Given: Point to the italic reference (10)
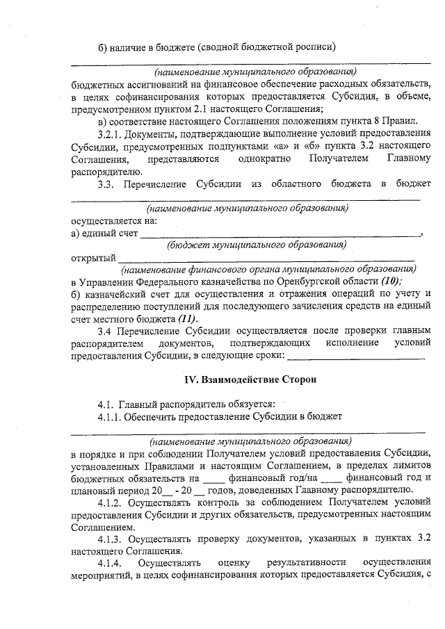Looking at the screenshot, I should (391, 281).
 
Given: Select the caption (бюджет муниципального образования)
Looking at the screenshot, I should (257, 245).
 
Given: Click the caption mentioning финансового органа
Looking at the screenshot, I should (268, 268).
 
